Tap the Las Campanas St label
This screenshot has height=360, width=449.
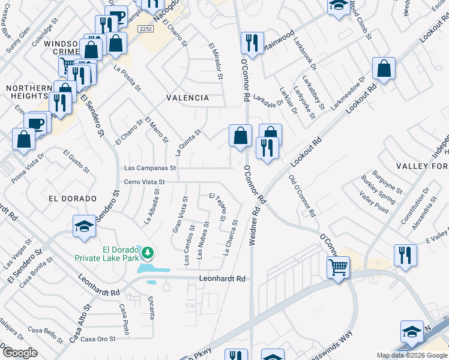click(149, 169)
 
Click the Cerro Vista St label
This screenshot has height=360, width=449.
click(144, 182)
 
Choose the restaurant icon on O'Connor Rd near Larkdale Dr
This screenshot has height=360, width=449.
click(251, 43)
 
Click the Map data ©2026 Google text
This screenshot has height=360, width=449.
click(411, 355)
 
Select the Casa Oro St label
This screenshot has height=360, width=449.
click(98, 339)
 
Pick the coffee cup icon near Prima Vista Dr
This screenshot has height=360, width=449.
click(36, 123)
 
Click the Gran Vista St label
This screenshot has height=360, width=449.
click(178, 214)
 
